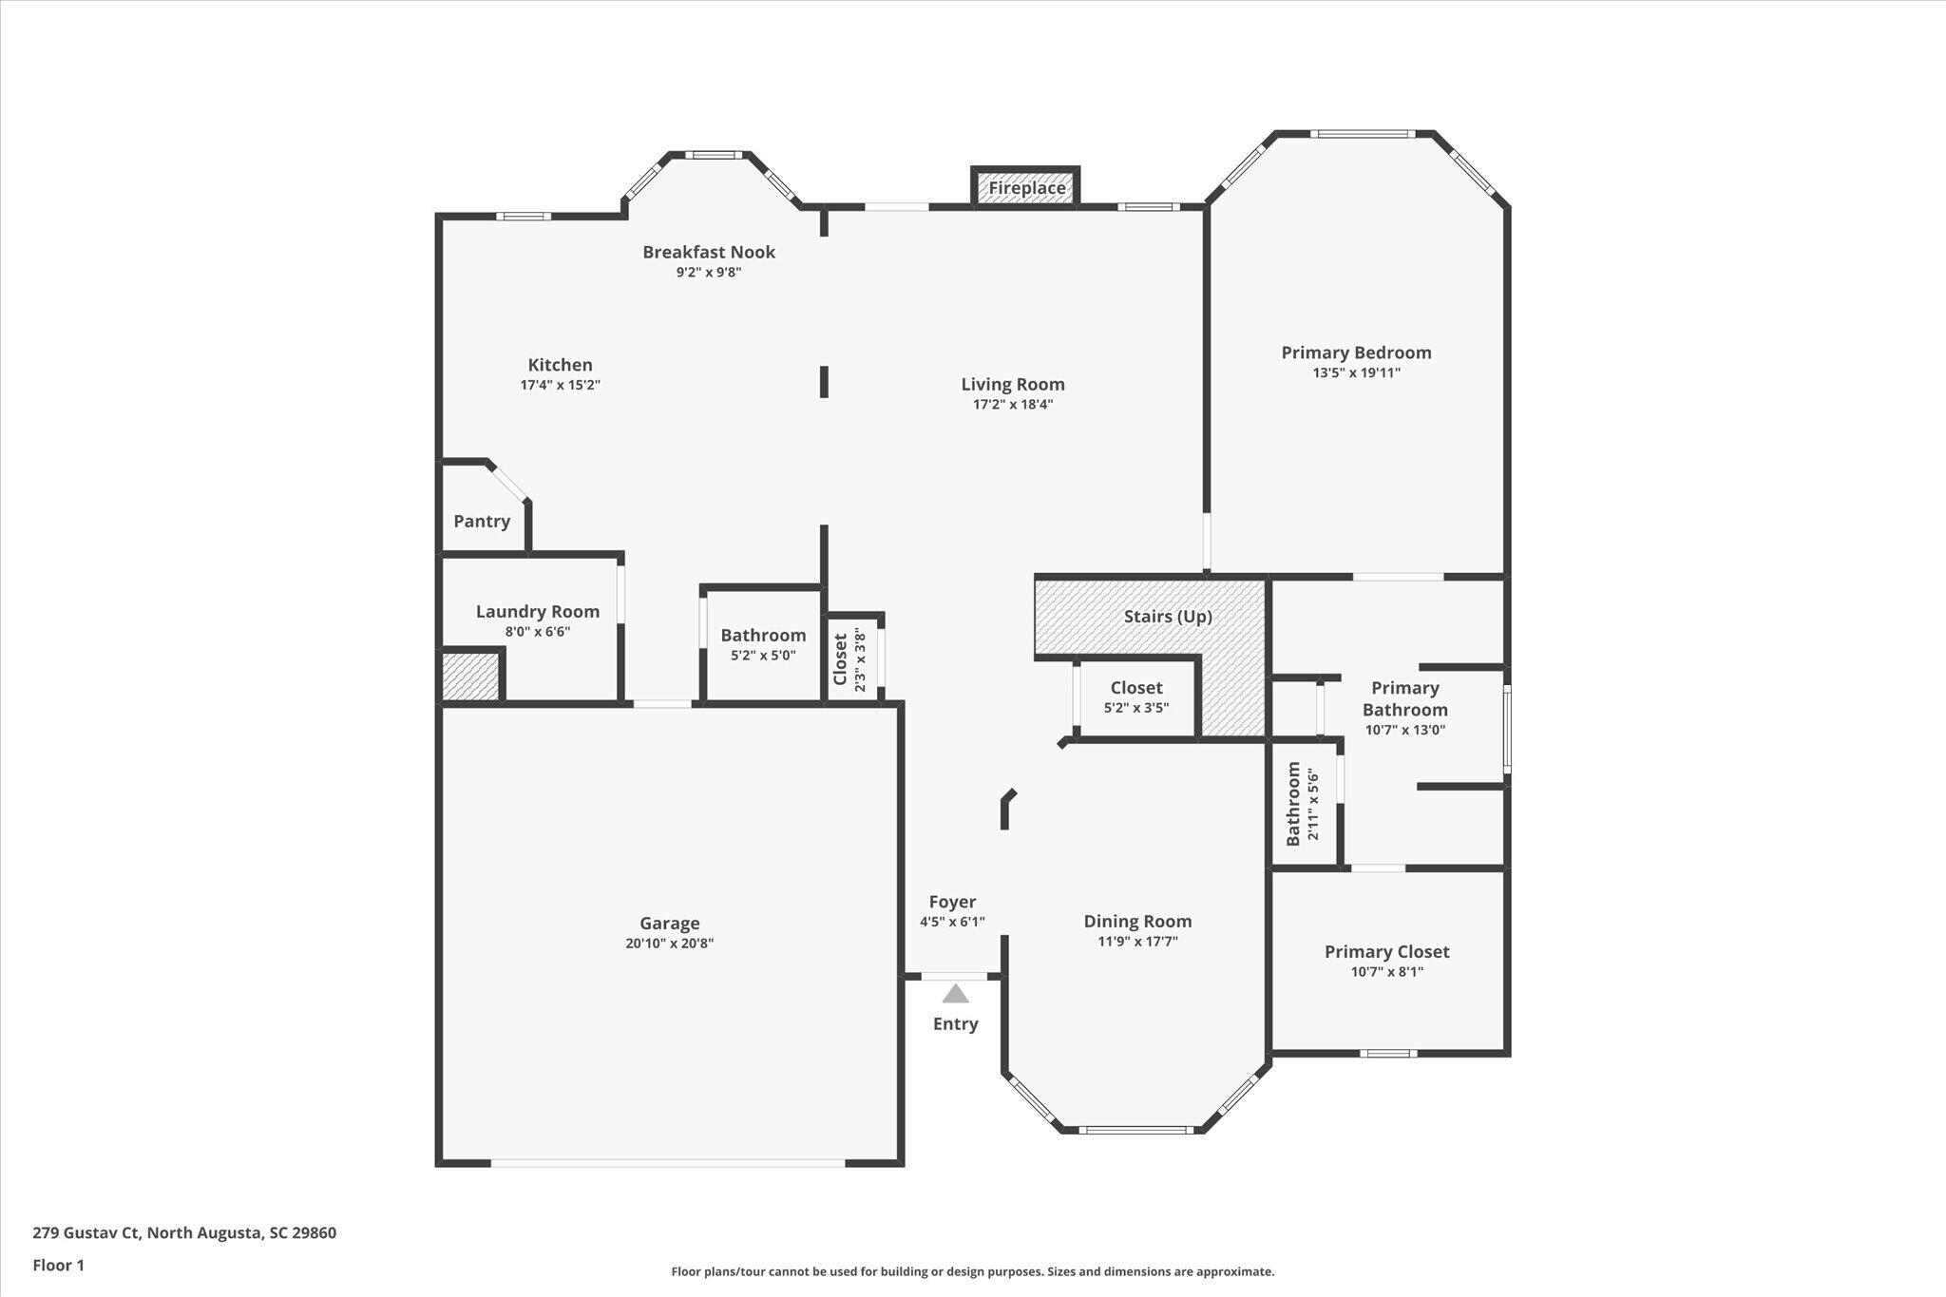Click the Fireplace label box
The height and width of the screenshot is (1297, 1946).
pos(1026,187)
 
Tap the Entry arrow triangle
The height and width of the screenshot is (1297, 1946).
pos(955,994)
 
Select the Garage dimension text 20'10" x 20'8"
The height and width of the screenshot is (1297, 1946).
pos(669,944)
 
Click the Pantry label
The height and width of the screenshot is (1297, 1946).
pos(482,521)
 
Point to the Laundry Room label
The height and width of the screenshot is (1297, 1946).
pos(538,612)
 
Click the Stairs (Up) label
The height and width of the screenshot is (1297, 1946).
pos(1168,617)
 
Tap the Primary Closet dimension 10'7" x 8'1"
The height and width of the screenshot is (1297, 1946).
pos(1386,972)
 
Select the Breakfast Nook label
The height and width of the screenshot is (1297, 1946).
pos(709,252)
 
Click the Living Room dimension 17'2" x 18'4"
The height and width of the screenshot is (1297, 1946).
pos(1013,404)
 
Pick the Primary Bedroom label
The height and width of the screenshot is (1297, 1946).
pos(1356,353)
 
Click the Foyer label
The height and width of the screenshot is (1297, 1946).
pos(952,902)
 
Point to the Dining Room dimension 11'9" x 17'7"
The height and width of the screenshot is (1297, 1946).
pos(1137,942)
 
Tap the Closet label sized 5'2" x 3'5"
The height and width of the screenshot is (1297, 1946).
pos(1136,687)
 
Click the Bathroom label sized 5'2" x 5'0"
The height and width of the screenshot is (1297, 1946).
pos(763,636)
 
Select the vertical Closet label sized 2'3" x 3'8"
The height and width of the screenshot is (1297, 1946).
pos(840,659)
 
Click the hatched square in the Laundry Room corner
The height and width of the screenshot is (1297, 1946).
pos(470,677)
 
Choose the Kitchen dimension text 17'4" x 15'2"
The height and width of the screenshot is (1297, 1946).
pos(561,385)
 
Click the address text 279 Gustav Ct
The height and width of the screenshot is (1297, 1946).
pos(86,1233)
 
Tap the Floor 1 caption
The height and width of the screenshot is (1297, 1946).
pos(59,1265)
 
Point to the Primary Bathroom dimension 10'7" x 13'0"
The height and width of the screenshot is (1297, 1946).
pos(1405,731)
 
